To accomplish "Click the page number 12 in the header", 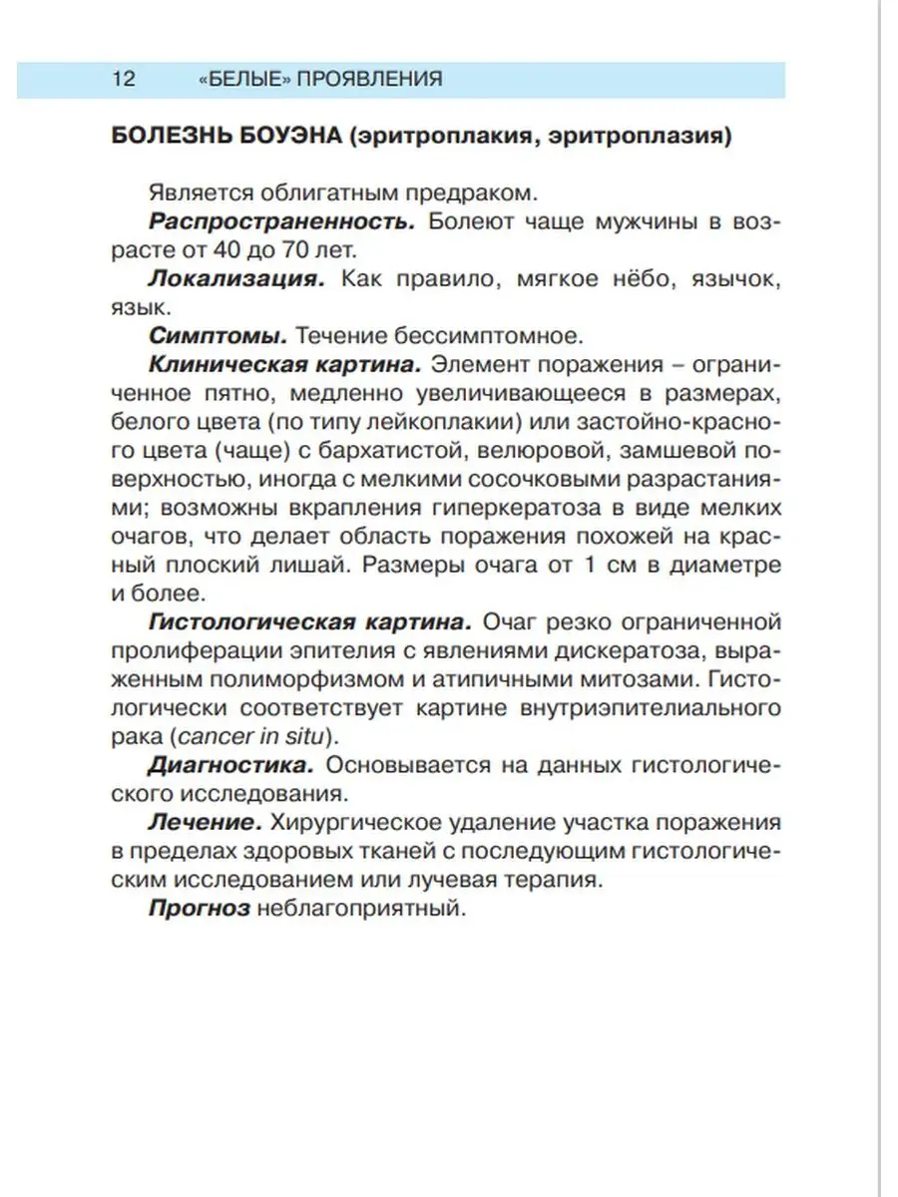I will [x=124, y=80].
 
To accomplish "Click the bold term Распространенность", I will [x=281, y=220].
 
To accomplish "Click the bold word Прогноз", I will [x=199, y=910].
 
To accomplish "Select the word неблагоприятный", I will [x=361, y=910].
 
